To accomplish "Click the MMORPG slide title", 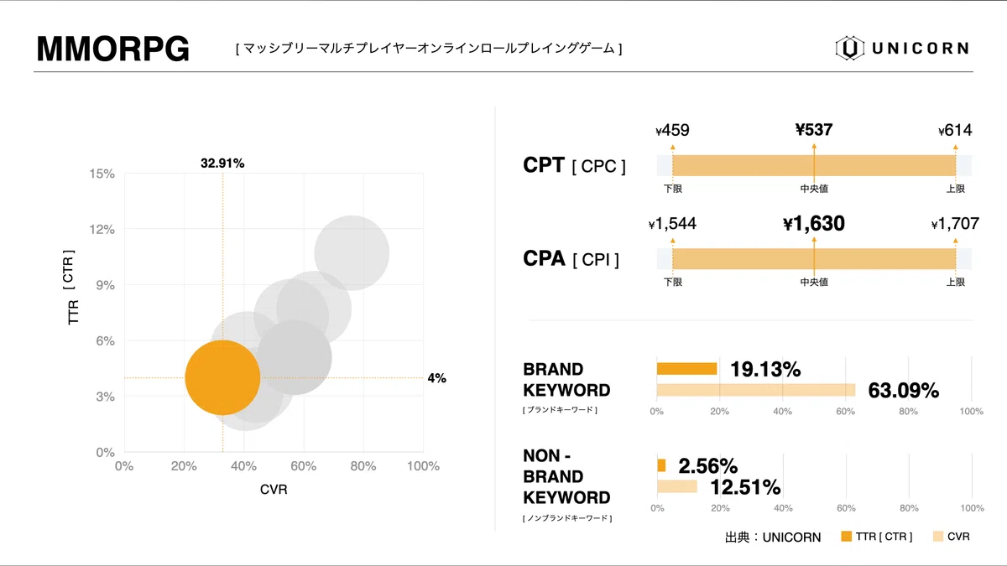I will pyautogui.click(x=113, y=49).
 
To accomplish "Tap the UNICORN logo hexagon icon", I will pyautogui.click(x=849, y=48).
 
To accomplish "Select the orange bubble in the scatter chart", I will pyautogui.click(x=222, y=377).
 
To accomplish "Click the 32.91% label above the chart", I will pyautogui.click(x=222, y=164).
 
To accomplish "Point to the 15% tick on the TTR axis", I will pyautogui.click(x=102, y=174).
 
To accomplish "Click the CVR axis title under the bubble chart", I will pyautogui.click(x=274, y=489).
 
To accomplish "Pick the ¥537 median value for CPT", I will pyautogui.click(x=814, y=129).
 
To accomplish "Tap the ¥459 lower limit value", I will pyautogui.click(x=672, y=130).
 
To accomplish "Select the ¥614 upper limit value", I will pyautogui.click(x=955, y=130).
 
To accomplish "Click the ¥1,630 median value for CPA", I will pyautogui.click(x=813, y=224).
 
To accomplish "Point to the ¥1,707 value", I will pyautogui.click(x=955, y=224).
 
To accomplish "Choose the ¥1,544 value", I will pyautogui.click(x=672, y=224).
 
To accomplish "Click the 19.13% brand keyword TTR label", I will pyautogui.click(x=764, y=369).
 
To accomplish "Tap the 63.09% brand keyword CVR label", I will pyautogui.click(x=903, y=391).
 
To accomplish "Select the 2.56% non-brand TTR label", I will pyautogui.click(x=707, y=465).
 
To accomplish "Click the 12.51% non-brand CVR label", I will pyautogui.click(x=745, y=487).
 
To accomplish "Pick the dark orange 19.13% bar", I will pyautogui.click(x=686, y=368).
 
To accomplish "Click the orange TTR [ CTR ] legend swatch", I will pyautogui.click(x=845, y=536).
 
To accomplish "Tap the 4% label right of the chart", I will pyautogui.click(x=436, y=378).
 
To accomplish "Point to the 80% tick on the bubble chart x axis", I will pyautogui.click(x=363, y=466).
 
